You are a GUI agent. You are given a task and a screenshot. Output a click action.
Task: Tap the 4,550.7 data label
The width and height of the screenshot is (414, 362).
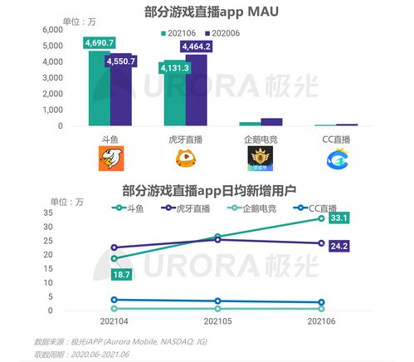pos(121,61)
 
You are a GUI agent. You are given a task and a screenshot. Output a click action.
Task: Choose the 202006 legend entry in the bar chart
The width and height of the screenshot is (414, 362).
pos(226,32)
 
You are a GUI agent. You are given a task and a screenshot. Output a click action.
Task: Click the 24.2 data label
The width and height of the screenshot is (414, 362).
pos(338,247)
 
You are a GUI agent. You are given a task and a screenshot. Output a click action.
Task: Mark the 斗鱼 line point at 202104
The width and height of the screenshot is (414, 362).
pos(114,258)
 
